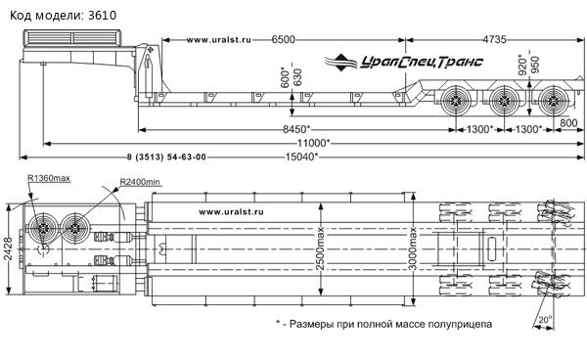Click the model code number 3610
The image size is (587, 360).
[102, 16]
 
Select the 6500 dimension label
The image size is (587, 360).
[283, 39]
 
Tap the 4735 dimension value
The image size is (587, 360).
[494, 39]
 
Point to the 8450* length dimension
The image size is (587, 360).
[296, 129]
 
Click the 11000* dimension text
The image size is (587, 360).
[314, 143]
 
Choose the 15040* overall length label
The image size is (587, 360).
[301, 157]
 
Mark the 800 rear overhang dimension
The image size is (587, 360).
[568, 122]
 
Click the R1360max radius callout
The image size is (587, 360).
[49, 178]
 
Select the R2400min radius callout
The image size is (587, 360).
[140, 182]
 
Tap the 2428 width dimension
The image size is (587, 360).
[8, 248]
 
